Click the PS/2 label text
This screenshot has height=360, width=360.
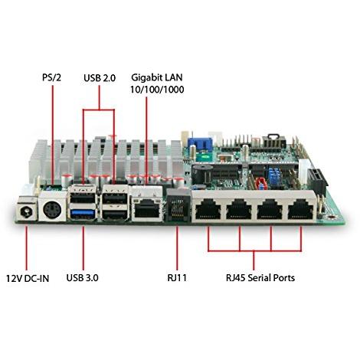52,77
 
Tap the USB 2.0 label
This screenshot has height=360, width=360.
100,78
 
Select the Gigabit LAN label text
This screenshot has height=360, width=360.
157,77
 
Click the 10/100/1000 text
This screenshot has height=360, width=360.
157,90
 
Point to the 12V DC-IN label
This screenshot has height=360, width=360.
28,278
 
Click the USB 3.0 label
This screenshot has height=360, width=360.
82,277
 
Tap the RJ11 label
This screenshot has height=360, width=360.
177,277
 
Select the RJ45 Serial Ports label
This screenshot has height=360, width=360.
260,277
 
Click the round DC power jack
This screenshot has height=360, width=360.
26,211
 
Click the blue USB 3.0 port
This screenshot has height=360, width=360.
83,212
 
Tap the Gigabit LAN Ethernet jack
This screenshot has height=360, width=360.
146,208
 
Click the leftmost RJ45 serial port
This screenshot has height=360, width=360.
208,209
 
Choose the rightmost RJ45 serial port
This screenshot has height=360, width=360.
301,209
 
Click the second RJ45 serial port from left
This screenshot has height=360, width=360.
239,209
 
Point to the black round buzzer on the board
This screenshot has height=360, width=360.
201,174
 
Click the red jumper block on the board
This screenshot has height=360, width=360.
260,184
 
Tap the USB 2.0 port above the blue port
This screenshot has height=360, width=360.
83,198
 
